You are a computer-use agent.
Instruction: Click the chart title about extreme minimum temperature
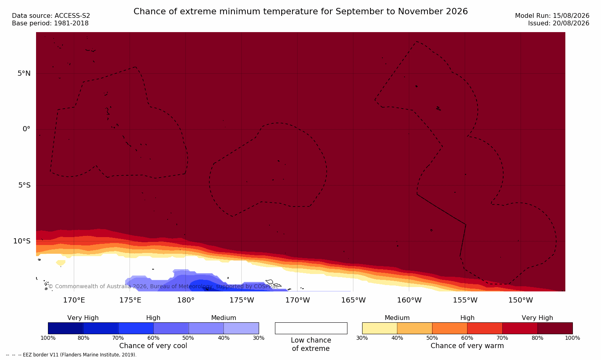tap(300, 11)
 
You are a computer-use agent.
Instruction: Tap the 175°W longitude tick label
tap(242, 300)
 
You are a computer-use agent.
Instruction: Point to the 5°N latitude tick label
tap(24, 73)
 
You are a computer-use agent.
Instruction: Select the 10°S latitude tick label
tap(22, 241)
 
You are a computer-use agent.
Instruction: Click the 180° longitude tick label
tap(186, 300)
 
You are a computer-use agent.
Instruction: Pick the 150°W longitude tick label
tap(521, 300)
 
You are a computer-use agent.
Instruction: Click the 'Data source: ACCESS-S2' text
tap(51, 16)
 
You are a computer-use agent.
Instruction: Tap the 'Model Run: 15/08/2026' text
tap(552, 16)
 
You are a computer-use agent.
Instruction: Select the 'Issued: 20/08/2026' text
tap(559, 23)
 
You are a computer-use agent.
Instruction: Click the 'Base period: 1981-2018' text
tap(50, 23)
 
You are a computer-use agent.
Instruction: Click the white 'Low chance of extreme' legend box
tap(311, 328)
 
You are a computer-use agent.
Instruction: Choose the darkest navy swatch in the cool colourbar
tap(65, 328)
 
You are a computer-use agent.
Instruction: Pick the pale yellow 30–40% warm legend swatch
tap(380, 328)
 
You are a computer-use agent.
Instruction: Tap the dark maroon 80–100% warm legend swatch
tap(555, 328)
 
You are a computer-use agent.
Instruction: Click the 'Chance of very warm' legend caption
tap(467, 346)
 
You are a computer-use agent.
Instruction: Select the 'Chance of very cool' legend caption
tap(153, 346)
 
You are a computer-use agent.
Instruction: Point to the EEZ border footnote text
tap(71, 355)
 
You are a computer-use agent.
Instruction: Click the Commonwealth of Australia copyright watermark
tap(163, 286)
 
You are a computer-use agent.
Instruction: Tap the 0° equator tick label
tap(26, 129)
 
